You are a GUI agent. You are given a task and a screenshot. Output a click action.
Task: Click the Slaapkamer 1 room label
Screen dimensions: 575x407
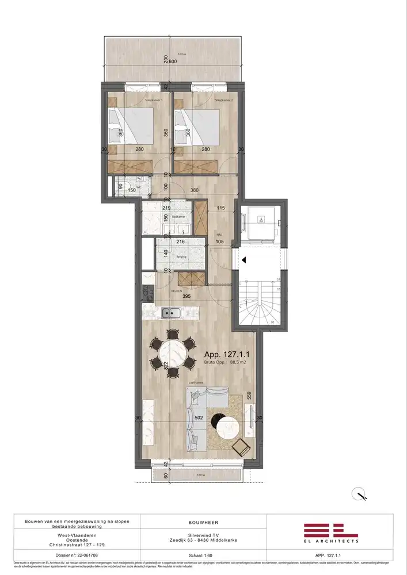pyautogui.click(x=154, y=100)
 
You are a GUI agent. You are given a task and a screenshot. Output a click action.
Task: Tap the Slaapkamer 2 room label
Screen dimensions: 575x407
pyautogui.click(x=223, y=100)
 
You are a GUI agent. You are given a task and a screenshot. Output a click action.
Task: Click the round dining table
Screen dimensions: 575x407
pyautogui.click(x=173, y=353)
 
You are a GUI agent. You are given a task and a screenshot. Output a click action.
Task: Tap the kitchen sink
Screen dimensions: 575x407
pyautogui.click(x=170, y=313)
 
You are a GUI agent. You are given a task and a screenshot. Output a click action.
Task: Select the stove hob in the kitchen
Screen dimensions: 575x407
pyautogui.click(x=147, y=294)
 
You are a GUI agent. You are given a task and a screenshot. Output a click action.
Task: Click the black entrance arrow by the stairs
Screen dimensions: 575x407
pyautogui.click(x=244, y=260)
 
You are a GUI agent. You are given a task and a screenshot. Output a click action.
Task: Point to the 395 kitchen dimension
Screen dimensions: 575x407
pyautogui.click(x=186, y=298)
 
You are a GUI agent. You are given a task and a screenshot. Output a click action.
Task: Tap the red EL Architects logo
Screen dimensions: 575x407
pyautogui.click(x=331, y=531)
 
